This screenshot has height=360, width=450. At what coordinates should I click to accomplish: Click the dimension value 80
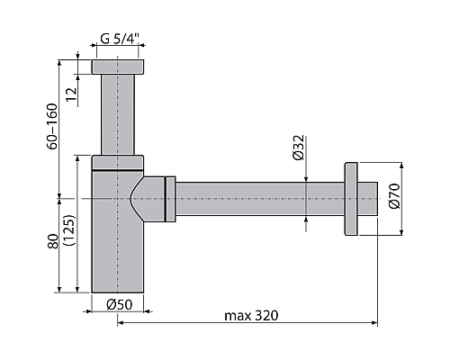pyautogui.click(x=53, y=241)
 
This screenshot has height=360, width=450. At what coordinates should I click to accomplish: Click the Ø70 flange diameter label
pyautogui.click(x=393, y=197)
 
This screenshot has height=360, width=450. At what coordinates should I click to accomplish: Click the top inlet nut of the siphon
pyautogui.click(x=118, y=67)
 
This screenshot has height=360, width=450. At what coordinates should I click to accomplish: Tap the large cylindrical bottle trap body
pyautogui.click(x=115, y=243)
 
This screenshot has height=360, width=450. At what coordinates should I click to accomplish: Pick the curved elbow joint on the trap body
pyautogui.click(x=144, y=197)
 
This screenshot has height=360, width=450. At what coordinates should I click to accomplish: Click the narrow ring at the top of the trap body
pyautogui.click(x=118, y=160)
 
